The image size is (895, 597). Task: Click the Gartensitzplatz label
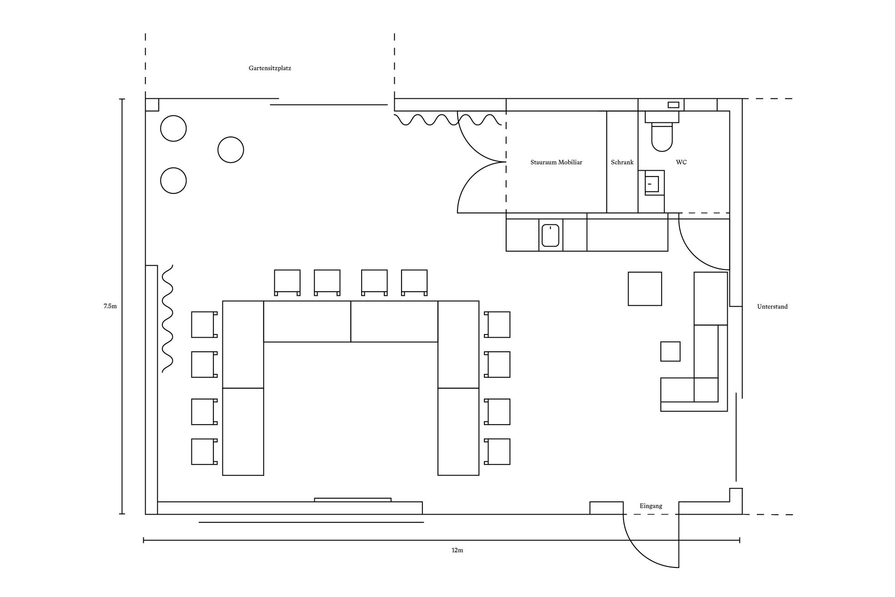(270, 68)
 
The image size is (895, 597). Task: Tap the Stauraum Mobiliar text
(556, 162)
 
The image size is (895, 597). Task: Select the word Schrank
(622, 162)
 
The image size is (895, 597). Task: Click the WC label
(681, 162)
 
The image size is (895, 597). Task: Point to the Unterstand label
(772, 307)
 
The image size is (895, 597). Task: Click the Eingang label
(651, 506)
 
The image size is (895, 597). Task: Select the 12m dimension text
(457, 550)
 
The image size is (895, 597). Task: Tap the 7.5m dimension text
(110, 306)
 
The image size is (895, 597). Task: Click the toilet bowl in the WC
(662, 137)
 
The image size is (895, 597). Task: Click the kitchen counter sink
(550, 235)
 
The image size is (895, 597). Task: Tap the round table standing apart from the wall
(231, 150)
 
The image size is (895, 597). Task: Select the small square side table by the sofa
(670, 351)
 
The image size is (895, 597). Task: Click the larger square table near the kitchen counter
(645, 289)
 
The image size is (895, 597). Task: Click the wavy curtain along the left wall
(167, 319)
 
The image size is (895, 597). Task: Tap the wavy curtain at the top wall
(447, 120)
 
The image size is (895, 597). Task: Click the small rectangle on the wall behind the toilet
(674, 105)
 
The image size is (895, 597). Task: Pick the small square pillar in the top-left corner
(152, 105)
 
